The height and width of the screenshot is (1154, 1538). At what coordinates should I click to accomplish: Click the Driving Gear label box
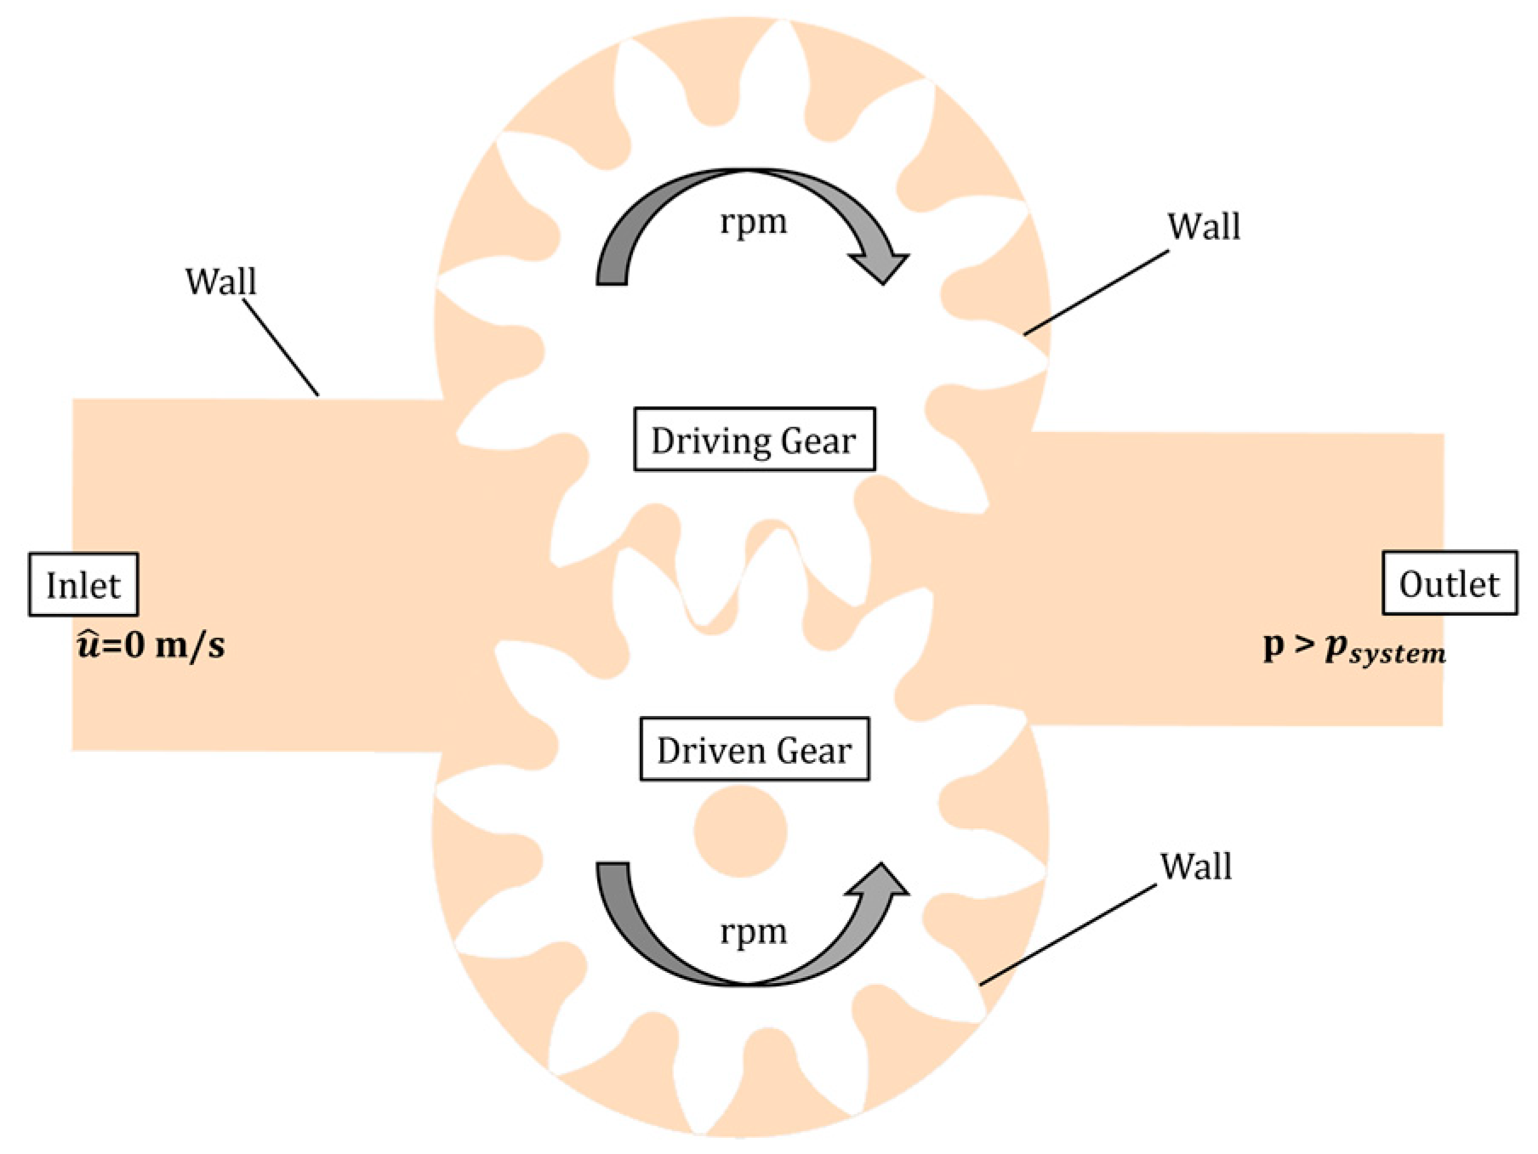point(754,440)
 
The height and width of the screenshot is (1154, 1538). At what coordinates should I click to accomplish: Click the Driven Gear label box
point(754,750)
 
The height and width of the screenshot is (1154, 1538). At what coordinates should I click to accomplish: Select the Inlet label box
point(83,585)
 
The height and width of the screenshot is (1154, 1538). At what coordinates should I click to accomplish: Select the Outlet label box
point(1449,583)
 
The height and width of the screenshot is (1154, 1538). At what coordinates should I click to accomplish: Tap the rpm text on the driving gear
point(754,223)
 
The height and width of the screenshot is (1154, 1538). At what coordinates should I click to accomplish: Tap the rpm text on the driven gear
point(754,932)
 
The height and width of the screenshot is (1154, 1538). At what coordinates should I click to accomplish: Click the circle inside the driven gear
point(740,831)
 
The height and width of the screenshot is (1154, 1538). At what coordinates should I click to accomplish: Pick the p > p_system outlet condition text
point(1353,649)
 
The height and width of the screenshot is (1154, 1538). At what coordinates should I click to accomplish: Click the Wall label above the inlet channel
point(220,281)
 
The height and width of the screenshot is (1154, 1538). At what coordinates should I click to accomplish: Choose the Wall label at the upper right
point(1203,226)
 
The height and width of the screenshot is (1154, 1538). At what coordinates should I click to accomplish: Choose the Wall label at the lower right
point(1195,867)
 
